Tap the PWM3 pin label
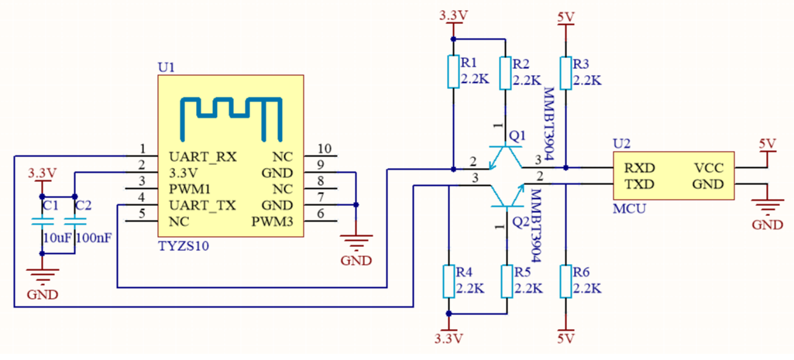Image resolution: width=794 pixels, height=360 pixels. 272,222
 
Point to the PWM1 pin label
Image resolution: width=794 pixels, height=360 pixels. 190,189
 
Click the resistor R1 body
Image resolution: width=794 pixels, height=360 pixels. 451,72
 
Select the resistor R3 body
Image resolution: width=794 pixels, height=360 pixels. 565,72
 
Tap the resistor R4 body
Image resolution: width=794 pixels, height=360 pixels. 448,282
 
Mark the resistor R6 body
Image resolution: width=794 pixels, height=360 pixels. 565,282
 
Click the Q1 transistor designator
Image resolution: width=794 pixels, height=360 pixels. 517,135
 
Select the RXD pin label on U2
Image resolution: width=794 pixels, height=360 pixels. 640,167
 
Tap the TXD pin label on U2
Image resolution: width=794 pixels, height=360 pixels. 639,184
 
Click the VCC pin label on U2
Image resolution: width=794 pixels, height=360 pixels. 709,167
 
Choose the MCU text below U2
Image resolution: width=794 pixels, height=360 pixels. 628,208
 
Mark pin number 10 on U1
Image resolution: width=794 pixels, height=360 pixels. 325,149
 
